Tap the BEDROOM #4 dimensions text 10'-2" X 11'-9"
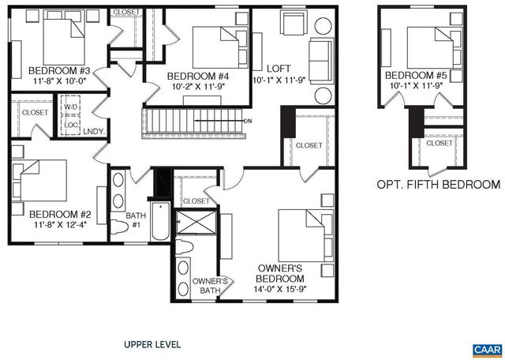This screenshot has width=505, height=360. (x=198, y=88)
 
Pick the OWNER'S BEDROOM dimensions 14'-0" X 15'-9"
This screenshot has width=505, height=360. (x=280, y=290)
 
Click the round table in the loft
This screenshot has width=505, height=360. (x=324, y=97)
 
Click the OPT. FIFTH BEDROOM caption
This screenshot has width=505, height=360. (x=437, y=185)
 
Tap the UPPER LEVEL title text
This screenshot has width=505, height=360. (x=152, y=344)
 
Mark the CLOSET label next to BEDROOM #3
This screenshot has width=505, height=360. (x=126, y=12)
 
